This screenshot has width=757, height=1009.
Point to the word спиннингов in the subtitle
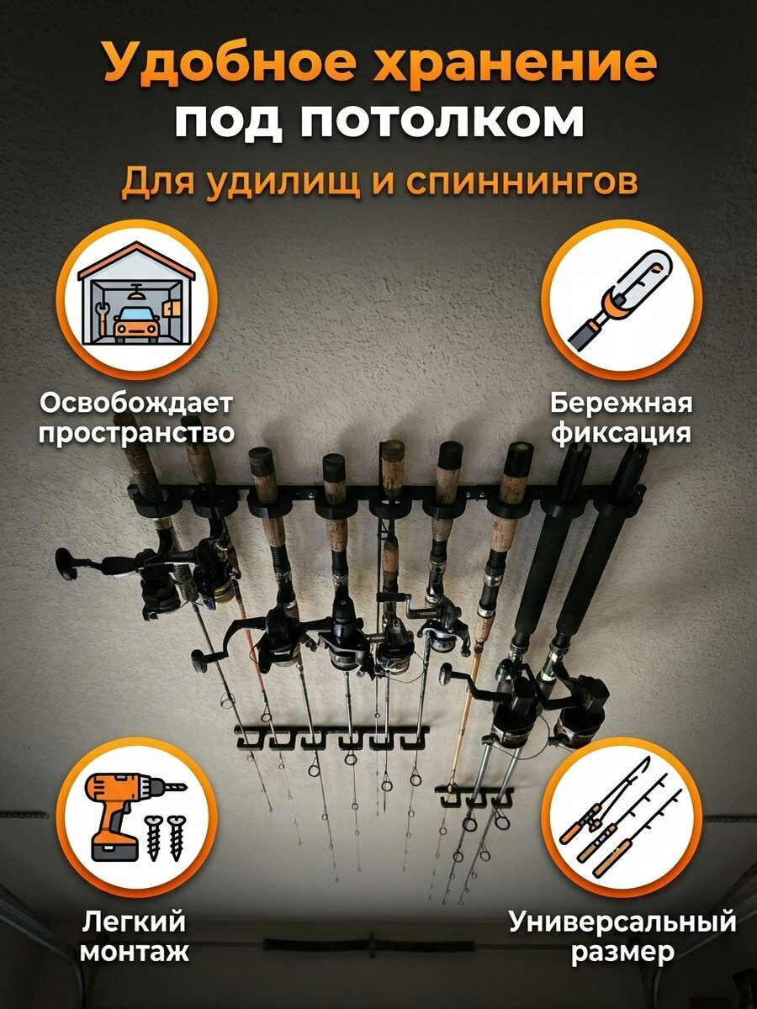(521, 182)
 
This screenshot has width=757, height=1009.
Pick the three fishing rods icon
(621, 816)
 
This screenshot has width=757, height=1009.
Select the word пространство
(136, 434)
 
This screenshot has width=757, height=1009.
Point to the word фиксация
(621, 434)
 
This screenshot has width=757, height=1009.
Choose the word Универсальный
(622, 922)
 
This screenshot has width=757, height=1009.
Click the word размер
(622, 953)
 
